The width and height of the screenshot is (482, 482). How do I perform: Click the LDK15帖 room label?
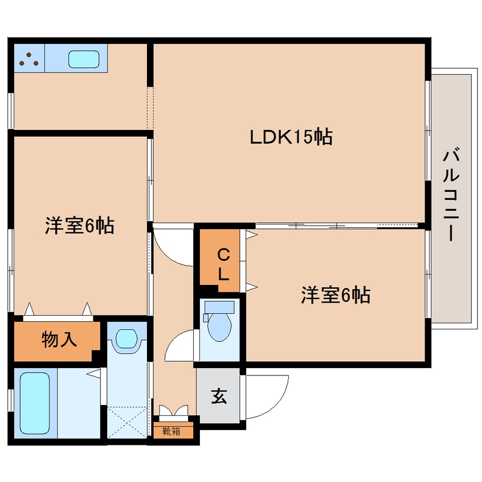click(x=291, y=137)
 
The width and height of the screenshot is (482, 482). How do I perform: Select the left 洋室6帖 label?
click(x=79, y=226)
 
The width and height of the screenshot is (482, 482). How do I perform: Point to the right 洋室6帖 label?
click(x=336, y=295)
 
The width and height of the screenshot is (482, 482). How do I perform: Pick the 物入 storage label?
click(x=59, y=340)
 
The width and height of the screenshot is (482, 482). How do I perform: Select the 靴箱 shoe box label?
click(x=171, y=431)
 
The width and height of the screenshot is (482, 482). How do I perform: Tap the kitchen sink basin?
click(x=84, y=59)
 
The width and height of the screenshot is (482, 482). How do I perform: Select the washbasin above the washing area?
click(x=126, y=340)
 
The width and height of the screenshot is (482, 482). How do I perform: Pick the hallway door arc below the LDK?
click(x=174, y=248)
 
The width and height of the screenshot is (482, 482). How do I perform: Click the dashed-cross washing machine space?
click(x=126, y=422)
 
